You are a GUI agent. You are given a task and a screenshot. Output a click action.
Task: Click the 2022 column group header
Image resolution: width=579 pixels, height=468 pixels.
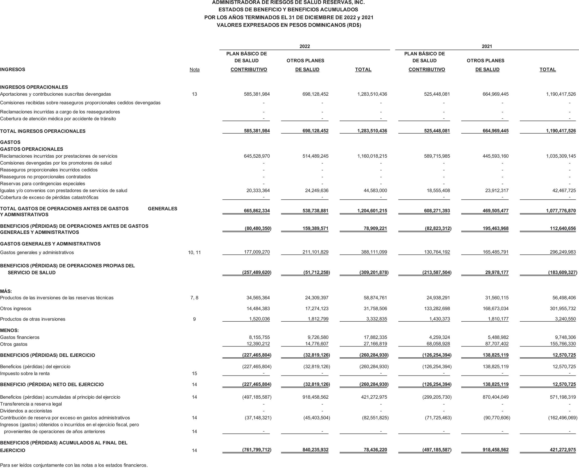tap(304, 46)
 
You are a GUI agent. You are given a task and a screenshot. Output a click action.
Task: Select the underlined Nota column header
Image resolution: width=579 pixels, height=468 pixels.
tap(194, 70)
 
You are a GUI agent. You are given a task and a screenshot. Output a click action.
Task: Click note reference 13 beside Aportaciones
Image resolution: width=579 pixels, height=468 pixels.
tap(194, 94)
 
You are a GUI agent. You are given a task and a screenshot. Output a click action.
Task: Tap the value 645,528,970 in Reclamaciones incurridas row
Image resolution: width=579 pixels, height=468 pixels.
tap(257, 156)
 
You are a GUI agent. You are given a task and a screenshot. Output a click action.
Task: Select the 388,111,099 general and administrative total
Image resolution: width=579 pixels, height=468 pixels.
tap(374, 252)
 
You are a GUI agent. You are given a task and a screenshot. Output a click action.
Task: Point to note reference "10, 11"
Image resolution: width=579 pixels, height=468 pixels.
tap(194, 253)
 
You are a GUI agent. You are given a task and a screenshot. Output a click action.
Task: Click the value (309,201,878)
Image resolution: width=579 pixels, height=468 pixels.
tap(374, 272)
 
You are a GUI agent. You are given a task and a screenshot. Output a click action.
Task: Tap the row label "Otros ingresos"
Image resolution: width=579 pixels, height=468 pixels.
tap(16, 309)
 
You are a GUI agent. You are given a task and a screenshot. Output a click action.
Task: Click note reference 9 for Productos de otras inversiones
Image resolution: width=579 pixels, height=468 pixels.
tap(194, 319)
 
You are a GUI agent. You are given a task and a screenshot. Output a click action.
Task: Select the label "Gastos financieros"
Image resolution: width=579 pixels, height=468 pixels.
tap(20, 337)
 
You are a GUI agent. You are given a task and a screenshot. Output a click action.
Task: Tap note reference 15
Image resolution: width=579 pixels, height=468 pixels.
tap(194, 374)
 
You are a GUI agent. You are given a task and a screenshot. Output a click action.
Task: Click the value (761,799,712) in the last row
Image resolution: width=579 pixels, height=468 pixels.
tap(257, 450)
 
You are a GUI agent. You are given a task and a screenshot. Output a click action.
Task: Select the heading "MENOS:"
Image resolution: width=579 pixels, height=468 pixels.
tap(9, 330)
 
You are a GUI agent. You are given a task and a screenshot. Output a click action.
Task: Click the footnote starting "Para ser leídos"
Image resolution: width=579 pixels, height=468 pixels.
tap(74, 465)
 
